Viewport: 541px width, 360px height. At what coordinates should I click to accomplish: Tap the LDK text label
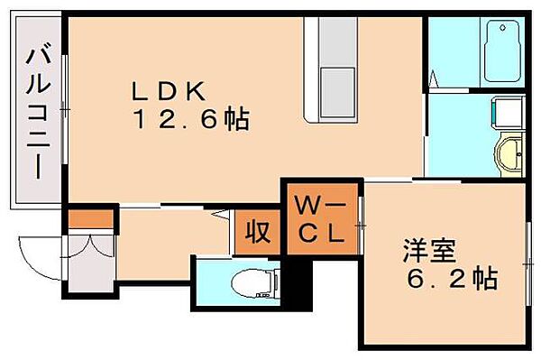pyautogui.click(x=171, y=90)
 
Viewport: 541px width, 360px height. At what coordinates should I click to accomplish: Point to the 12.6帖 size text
pyautogui.click(x=192, y=117)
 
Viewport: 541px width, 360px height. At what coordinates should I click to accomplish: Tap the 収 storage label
pyautogui.click(x=258, y=232)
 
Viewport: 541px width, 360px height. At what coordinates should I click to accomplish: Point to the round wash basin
pyautogui.click(x=508, y=154)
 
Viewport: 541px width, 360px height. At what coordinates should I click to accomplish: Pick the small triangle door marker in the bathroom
pyautogui.click(x=436, y=78)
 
